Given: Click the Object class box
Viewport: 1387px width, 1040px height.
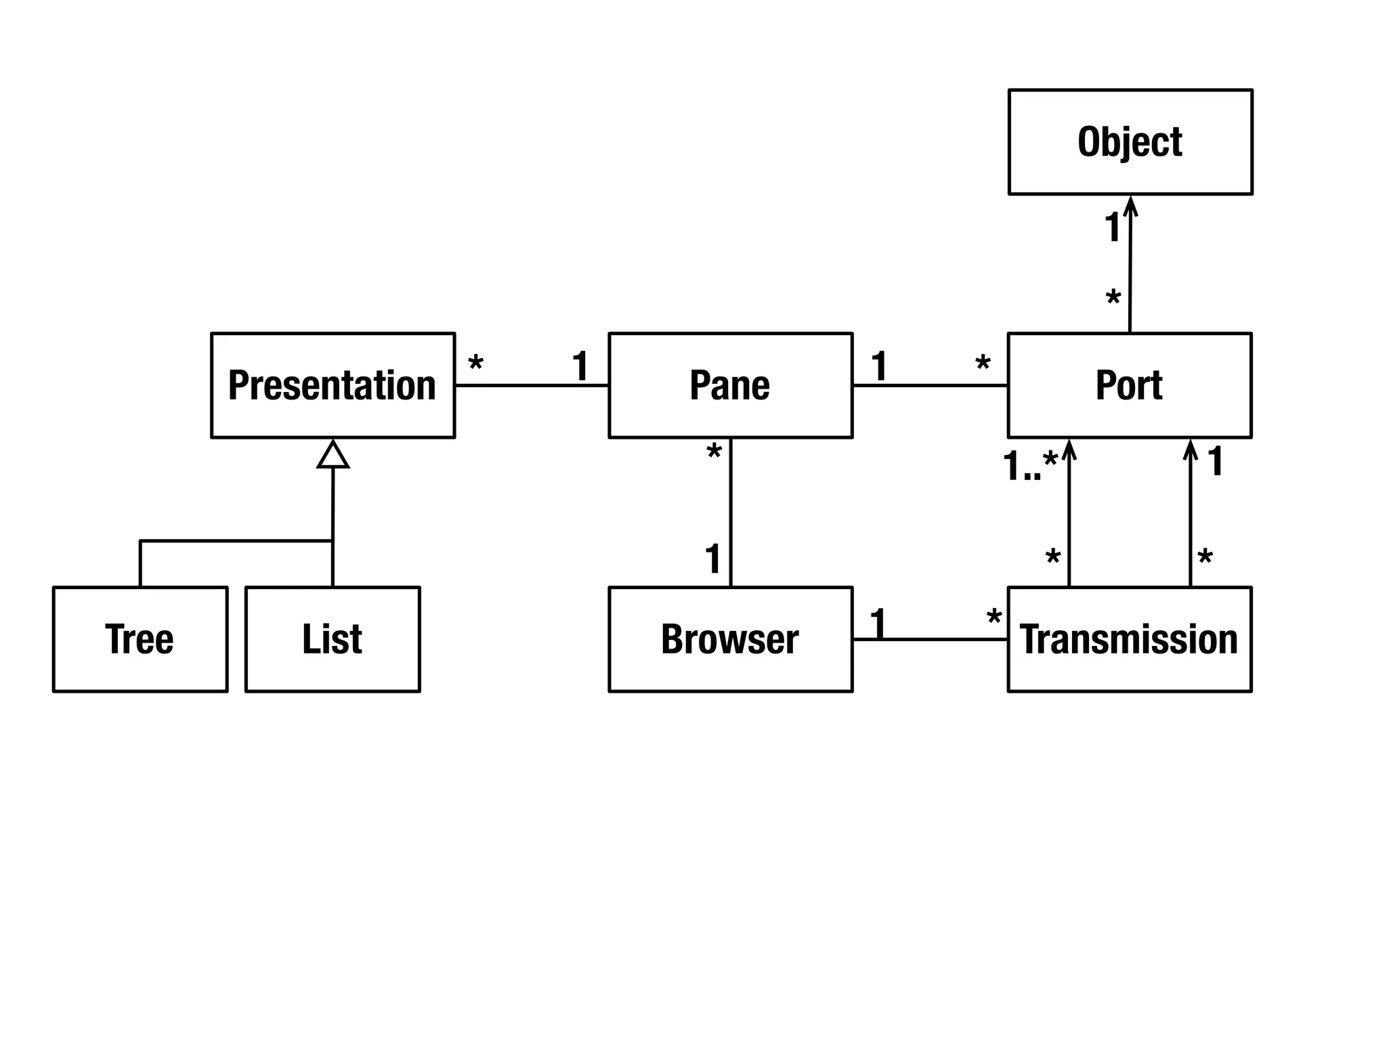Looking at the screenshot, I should coord(1130,142).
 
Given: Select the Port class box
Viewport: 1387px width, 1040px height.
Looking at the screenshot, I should coord(1129,385).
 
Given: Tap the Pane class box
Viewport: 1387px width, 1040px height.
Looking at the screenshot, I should coord(730,385).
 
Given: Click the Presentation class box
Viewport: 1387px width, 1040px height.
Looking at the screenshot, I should coord(333,385).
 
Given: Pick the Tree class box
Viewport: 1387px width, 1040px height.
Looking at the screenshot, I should coord(140,639).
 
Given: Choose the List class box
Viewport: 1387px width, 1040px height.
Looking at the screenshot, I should coord(333,639).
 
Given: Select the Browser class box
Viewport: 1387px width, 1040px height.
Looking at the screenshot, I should coord(730,639).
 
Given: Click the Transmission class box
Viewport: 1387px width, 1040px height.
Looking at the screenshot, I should coord(1129,639).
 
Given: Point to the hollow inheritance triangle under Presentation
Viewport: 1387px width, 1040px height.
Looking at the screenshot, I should coord(333,455).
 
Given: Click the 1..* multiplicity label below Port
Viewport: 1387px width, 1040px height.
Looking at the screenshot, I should coord(1029,466).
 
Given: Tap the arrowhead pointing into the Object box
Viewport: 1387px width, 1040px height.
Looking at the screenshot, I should coord(1130,205).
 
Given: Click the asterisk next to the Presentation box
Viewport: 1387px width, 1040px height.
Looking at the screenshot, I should coord(476,364).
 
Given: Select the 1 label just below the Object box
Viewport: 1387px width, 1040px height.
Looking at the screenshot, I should coord(1112,227).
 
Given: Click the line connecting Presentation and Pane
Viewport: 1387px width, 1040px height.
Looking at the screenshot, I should coord(532,385).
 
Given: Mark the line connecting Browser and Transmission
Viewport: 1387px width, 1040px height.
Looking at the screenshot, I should coord(930,639).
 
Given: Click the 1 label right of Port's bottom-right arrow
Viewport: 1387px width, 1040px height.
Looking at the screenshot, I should coord(1216,462).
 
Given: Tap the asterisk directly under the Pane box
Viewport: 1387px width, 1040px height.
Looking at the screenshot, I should coord(714,452).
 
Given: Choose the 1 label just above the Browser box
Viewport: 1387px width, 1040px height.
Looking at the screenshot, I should coord(712,559).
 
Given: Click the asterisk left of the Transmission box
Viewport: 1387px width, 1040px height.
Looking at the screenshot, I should coord(994,617).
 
